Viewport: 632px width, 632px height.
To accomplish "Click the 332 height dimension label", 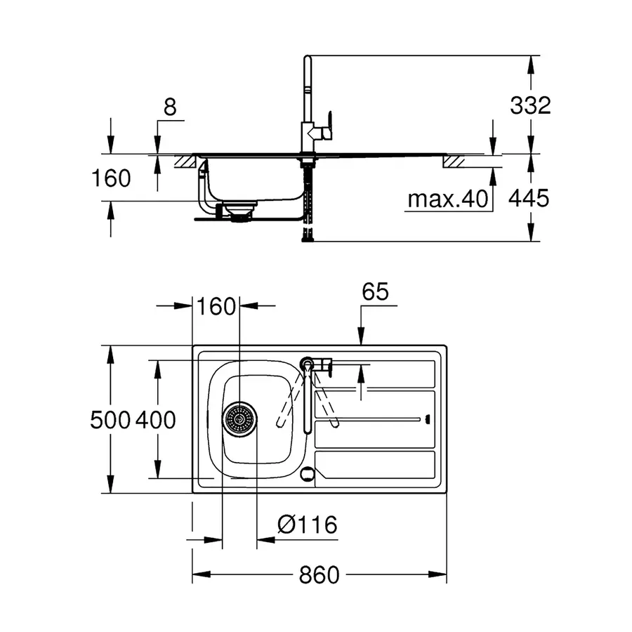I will pos(531,105).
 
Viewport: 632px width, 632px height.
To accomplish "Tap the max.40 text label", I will pos(447,199).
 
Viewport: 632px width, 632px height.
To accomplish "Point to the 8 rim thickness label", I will pos(169,107).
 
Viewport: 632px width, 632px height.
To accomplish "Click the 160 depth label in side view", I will pos(111,178).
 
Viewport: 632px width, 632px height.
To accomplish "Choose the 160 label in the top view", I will pos(215,307).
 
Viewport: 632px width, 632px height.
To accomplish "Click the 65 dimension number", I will pos(376,292).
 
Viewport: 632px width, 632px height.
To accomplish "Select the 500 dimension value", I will pos(110,420).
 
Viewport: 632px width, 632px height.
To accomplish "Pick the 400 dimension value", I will pos(154,420).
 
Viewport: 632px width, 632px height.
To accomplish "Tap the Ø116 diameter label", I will pos(307,524).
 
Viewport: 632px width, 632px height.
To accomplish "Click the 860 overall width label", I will pos(319,575).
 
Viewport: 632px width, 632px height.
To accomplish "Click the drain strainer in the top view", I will pos(239,419).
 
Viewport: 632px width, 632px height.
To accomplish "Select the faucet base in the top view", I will pos(308,363).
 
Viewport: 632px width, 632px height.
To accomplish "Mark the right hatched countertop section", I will pos(453,161).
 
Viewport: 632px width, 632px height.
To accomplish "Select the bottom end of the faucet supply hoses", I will pos(307,239).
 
